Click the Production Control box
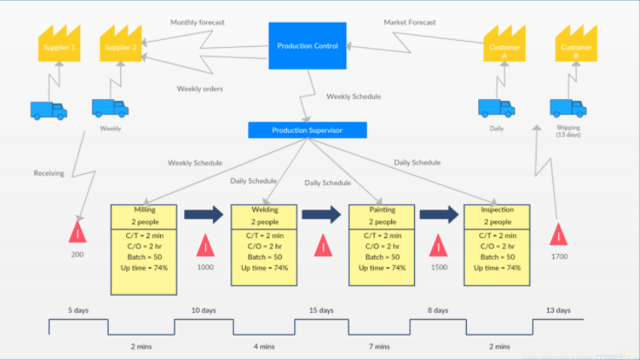point(307,45)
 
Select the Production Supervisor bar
point(307,130)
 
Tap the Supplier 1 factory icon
point(60,43)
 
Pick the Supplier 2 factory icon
point(121,43)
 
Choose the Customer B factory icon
point(575,43)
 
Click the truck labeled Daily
point(496,108)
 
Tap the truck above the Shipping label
point(567,108)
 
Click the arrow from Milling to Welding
point(203,215)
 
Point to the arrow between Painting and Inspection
point(438,215)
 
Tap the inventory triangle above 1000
point(205,245)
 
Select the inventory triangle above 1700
point(559,234)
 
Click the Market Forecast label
point(410,22)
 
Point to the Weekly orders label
point(200,88)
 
